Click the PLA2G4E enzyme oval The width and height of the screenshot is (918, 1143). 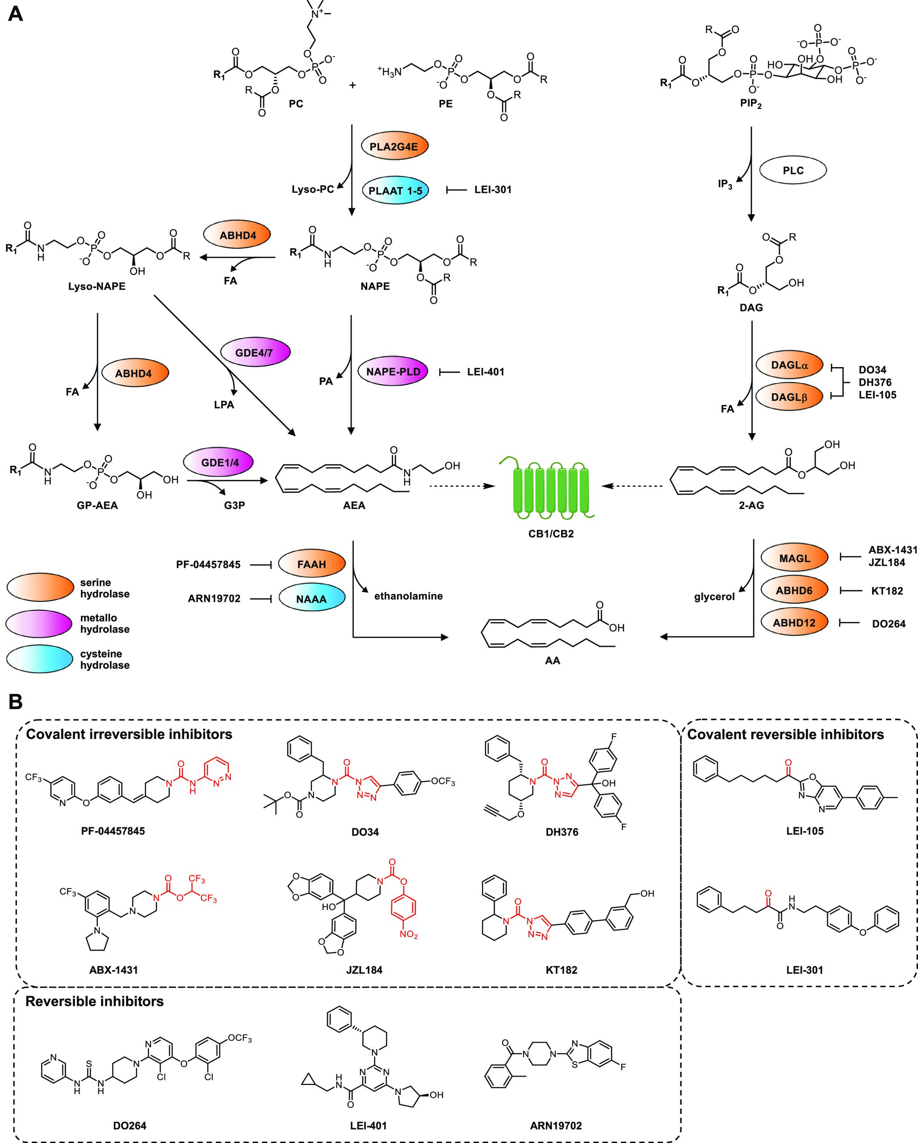tap(394, 147)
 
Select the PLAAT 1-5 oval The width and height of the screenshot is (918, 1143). tap(394, 190)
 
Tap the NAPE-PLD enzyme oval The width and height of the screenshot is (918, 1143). tap(393, 371)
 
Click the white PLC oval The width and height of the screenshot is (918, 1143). tap(793, 170)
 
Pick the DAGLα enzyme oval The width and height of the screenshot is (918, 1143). tap(789, 365)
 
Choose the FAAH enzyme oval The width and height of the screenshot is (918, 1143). tap(311, 564)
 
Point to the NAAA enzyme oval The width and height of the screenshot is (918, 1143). tap(311, 599)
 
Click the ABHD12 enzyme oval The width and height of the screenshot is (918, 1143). tap(794, 623)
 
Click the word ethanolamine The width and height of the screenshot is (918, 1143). tap(408, 596)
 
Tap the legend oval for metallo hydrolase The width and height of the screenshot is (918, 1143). tap(39, 623)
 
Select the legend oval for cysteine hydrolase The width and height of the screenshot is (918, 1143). tap(39, 659)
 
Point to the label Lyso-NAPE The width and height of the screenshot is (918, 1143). tap(96, 286)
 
